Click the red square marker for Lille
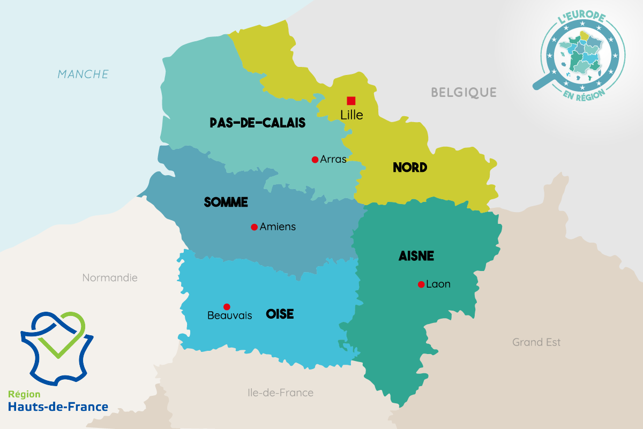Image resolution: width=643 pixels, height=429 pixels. pos(351,101)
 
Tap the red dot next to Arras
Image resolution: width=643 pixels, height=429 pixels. pos(315,160)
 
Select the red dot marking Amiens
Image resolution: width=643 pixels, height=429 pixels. pos(255,227)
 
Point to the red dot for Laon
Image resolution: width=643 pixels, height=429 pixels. pos(421,284)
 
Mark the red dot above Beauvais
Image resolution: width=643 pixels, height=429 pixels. pos(227,307)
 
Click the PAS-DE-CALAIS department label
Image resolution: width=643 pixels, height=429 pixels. pos(257,123)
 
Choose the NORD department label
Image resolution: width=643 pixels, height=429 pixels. pos(410,168)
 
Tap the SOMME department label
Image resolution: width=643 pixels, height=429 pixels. pos(226,202)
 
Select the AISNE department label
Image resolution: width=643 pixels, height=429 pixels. pos(416,257)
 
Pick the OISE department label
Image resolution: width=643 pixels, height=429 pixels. pos(280,314)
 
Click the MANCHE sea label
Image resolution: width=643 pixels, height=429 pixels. pos(83,74)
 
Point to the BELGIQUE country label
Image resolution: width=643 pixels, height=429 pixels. pos(464,93)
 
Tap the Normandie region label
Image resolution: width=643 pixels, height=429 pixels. pos(110,278)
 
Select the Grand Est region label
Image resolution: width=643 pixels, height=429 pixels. pos(536,342)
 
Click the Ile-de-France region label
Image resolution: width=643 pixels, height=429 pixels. pos(280,393)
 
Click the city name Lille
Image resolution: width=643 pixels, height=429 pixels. pos(352,115)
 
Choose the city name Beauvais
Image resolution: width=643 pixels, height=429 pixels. pos(229,316)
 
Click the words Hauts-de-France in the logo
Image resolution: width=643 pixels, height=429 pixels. pos(58,407)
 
